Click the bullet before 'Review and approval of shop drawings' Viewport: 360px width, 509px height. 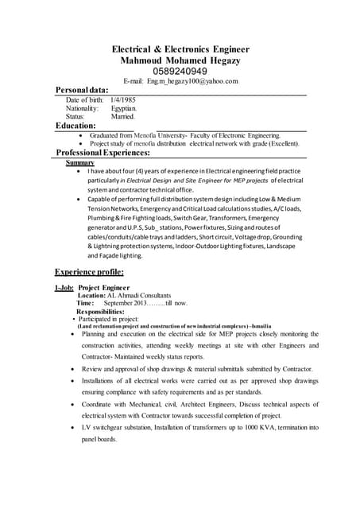point(72,370)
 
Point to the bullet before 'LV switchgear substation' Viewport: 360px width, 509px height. point(72,428)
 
